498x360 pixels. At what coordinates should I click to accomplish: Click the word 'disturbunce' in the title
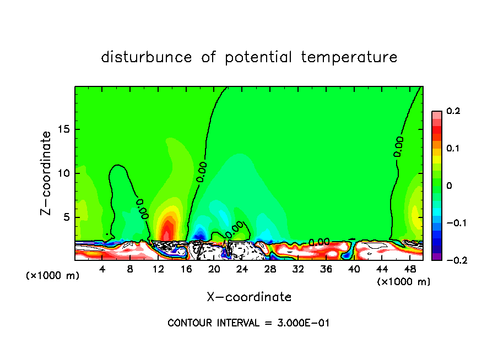point(147,57)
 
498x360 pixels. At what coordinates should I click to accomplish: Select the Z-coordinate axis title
point(47,172)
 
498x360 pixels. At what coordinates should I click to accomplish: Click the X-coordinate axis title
point(249,297)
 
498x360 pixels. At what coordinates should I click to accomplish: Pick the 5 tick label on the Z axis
point(67,217)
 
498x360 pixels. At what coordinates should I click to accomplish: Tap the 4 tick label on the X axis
point(102,269)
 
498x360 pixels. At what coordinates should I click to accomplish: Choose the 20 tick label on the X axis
point(214,269)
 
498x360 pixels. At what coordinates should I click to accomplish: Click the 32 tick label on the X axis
point(298,269)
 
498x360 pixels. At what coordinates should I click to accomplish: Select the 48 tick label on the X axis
point(410,269)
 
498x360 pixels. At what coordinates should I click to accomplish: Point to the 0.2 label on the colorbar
point(453,111)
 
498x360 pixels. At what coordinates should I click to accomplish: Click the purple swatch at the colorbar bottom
point(436,257)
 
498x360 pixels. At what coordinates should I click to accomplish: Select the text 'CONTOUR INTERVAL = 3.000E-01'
point(248,323)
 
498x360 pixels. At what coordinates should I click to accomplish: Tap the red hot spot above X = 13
point(167,228)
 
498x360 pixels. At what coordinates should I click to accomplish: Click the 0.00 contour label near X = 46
point(398,146)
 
